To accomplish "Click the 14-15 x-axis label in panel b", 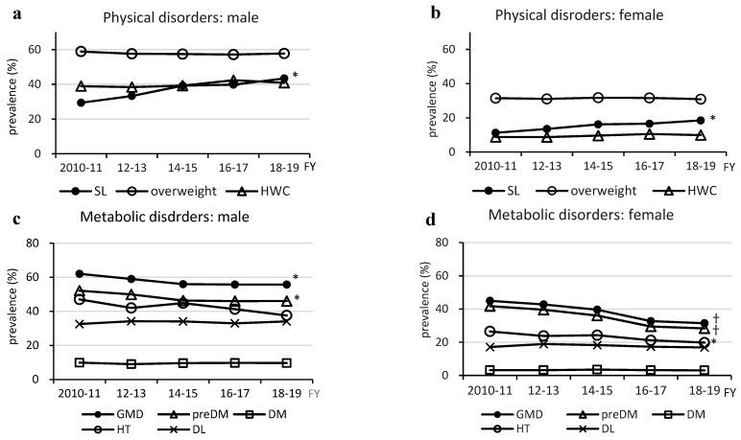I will [x=573, y=165].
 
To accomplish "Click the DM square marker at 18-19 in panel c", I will [x=285, y=363].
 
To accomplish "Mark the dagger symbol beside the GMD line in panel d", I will [x=716, y=318].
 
